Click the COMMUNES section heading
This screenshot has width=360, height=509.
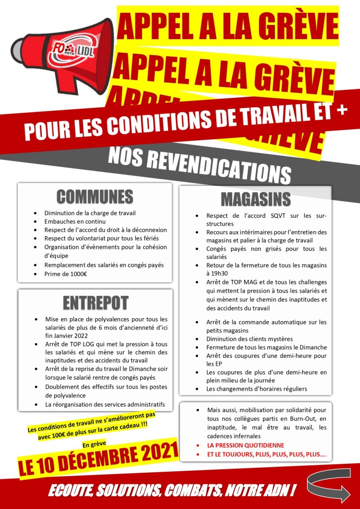[x=94, y=196]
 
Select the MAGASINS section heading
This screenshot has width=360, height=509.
[x=255, y=199]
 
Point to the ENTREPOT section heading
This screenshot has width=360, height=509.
[x=95, y=302]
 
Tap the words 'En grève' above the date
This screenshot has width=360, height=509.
[x=94, y=443]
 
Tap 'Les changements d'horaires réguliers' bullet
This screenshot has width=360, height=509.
[x=257, y=389]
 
